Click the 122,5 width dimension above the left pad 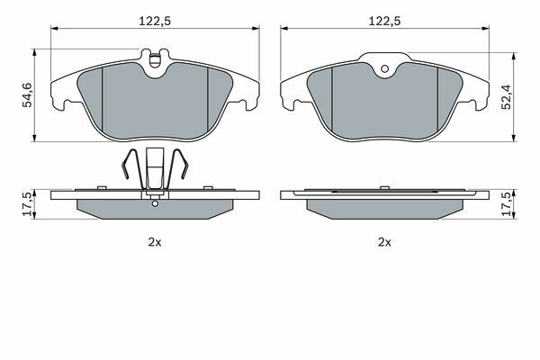[x=155, y=22]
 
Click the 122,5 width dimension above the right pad [x=384, y=22]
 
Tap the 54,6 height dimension [x=27, y=95]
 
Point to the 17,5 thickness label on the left [x=27, y=204]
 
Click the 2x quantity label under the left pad [x=155, y=242]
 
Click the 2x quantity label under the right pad [x=384, y=242]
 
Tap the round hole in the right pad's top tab [x=385, y=69]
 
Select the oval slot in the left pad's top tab [x=155, y=60]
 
